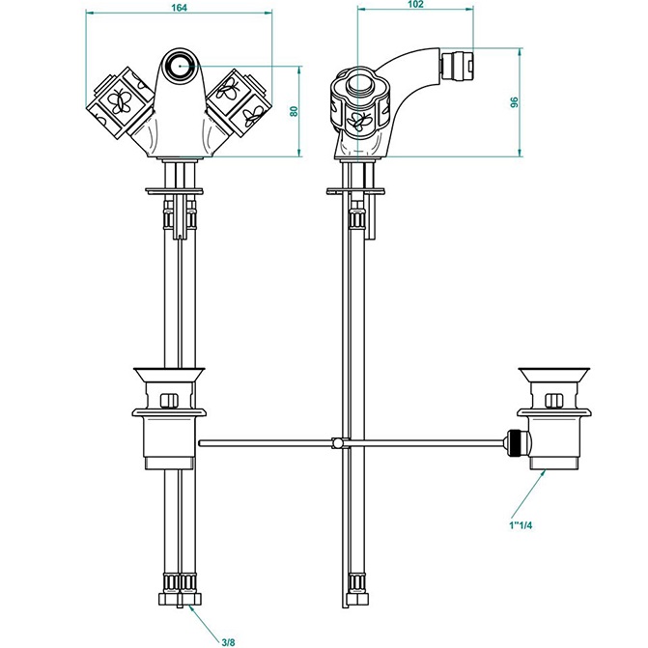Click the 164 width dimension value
(179, 9)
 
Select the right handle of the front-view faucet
(238, 101)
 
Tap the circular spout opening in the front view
(178, 66)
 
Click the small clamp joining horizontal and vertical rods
(337, 443)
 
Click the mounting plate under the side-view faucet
(358, 189)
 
